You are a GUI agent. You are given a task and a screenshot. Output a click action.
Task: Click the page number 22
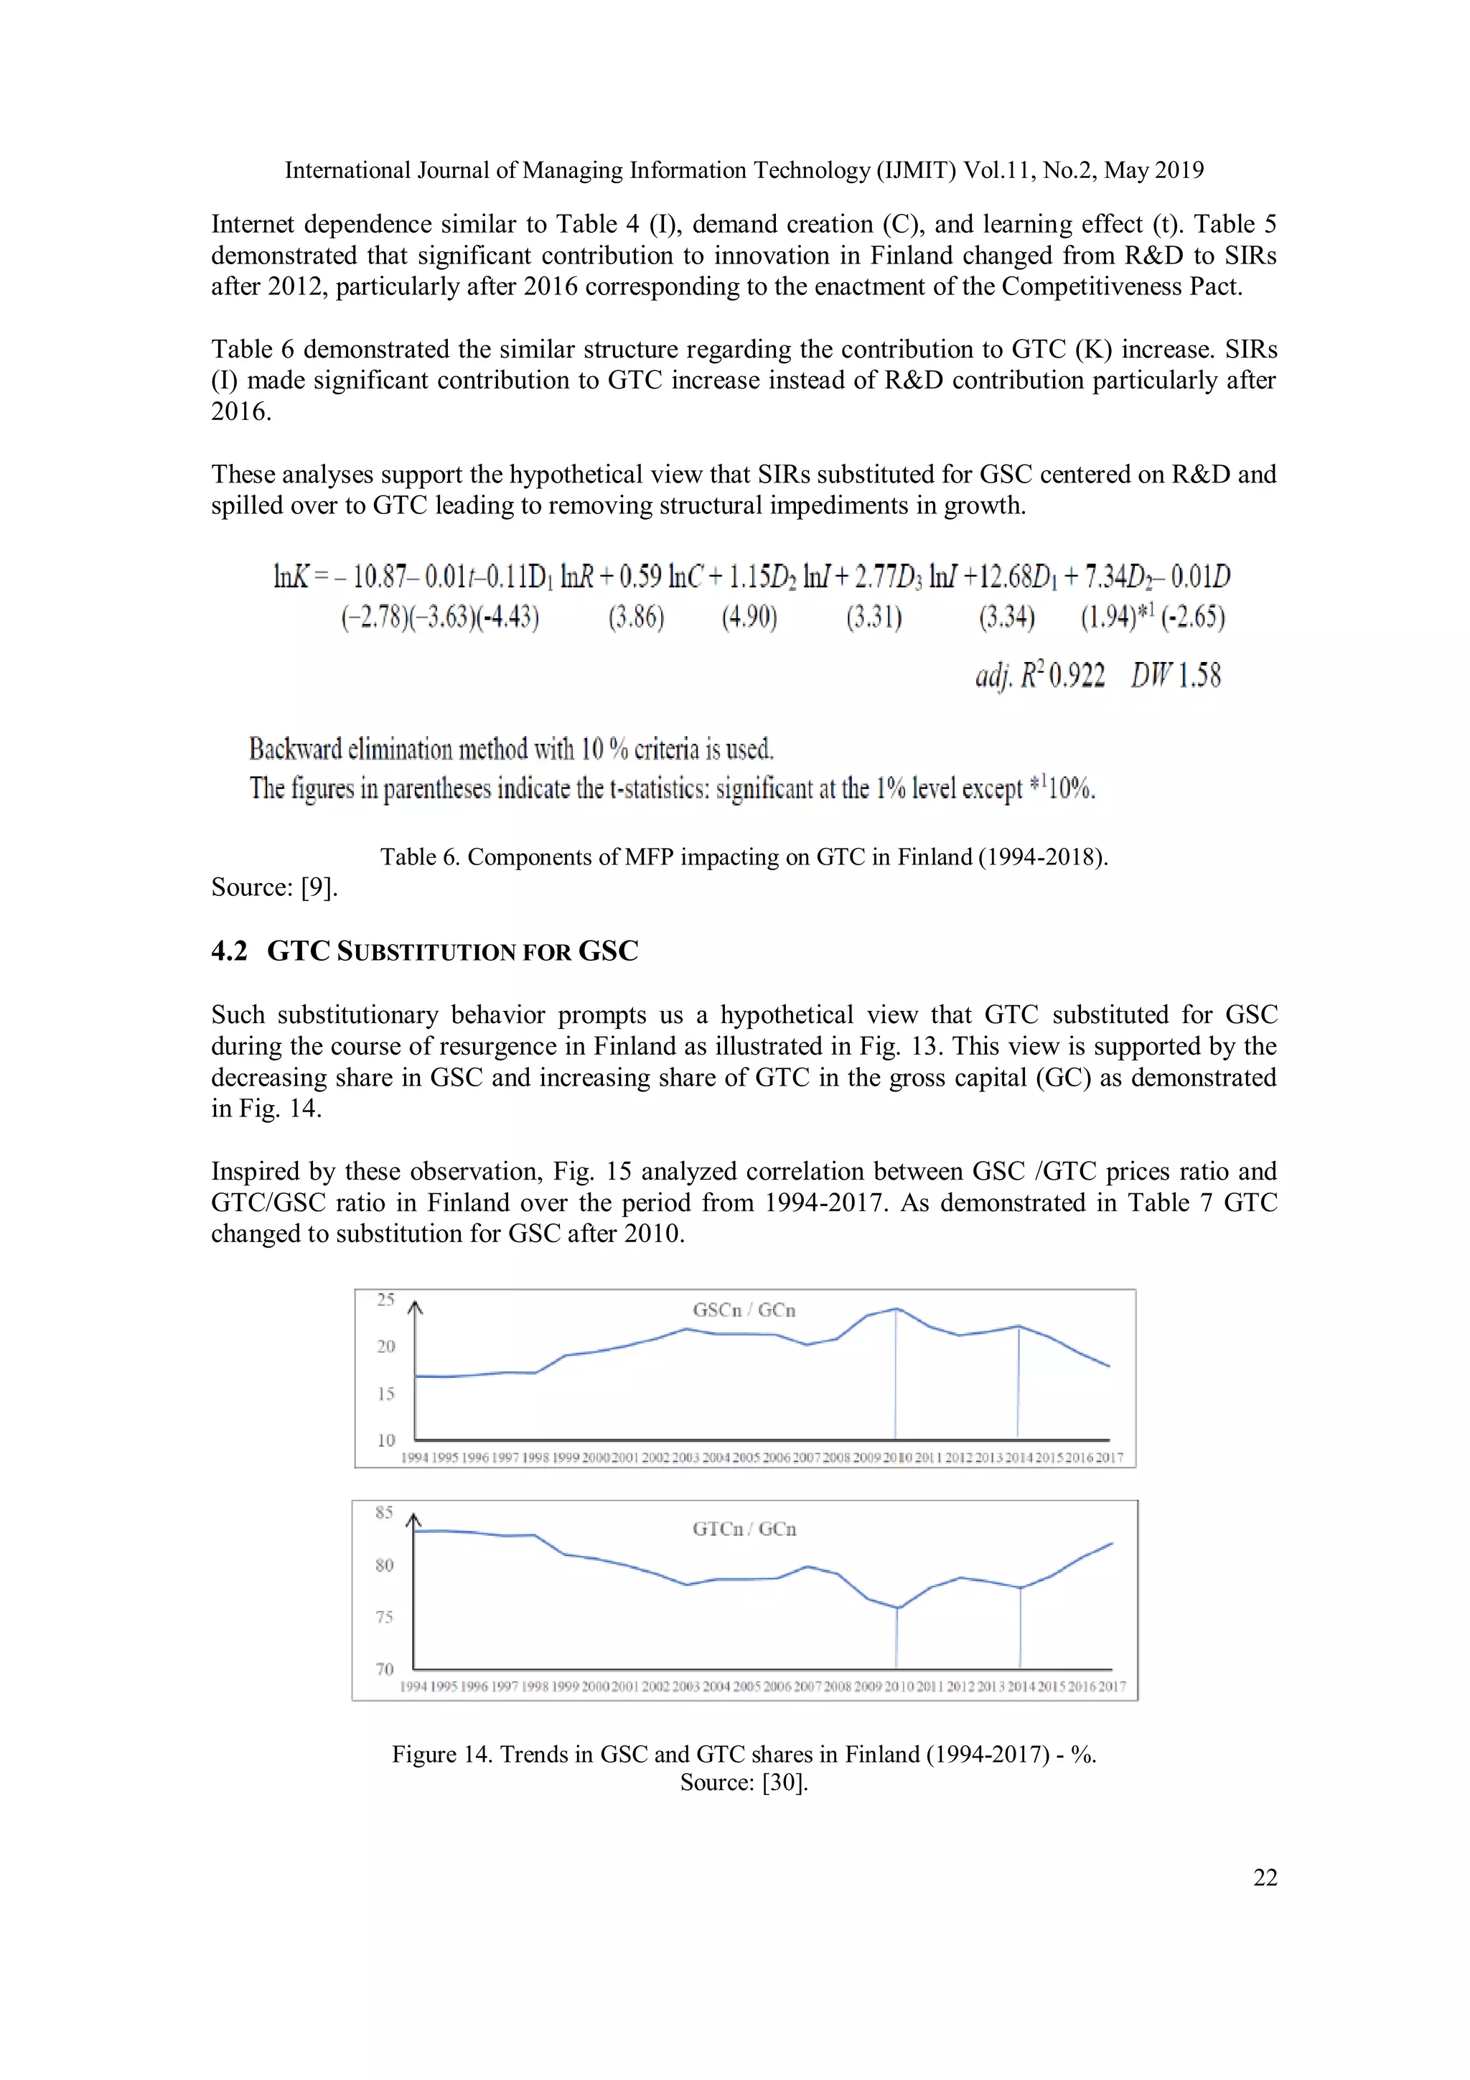1265,1878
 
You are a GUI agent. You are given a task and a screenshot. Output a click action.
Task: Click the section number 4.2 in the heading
229,951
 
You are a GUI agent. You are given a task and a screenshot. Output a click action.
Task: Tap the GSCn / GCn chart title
744,1310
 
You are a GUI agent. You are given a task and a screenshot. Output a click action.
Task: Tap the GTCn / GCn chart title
744,1529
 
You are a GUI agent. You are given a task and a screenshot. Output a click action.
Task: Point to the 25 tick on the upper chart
386,1300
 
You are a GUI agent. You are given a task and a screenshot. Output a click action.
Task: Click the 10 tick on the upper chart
386,1440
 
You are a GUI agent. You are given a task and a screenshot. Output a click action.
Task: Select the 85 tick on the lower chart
384,1512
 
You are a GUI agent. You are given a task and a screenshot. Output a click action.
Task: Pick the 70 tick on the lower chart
384,1669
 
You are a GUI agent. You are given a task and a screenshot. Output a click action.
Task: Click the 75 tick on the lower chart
384,1617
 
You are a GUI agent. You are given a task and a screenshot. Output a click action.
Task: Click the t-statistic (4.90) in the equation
749,618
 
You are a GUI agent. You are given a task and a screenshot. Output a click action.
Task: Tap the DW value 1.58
1199,676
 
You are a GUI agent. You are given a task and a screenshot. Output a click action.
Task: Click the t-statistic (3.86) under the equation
636,618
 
